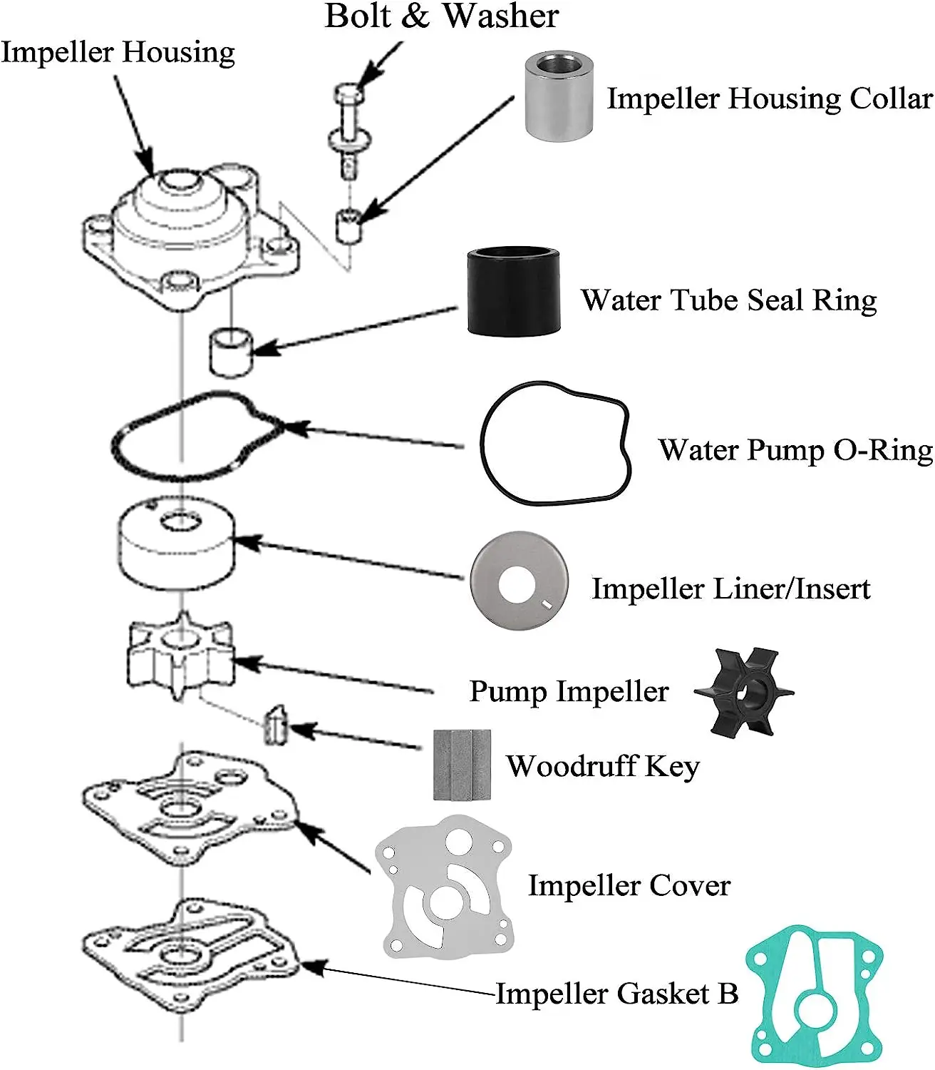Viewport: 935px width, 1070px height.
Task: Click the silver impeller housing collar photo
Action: click(x=559, y=96)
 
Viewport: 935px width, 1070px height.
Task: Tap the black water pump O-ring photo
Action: click(x=555, y=444)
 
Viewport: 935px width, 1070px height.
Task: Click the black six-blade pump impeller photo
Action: click(x=743, y=691)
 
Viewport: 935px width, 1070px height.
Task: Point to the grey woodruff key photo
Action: click(x=462, y=765)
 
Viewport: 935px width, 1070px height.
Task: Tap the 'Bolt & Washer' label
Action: click(x=441, y=16)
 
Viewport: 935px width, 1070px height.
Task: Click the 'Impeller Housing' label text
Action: click(x=118, y=53)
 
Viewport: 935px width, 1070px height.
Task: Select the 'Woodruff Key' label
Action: click(x=603, y=767)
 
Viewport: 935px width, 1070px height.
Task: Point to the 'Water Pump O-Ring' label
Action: click(x=795, y=451)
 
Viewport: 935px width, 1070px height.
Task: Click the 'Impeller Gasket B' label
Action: click(x=617, y=994)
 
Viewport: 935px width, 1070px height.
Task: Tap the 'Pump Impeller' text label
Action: click(x=569, y=691)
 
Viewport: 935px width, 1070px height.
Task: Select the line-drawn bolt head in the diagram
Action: click(x=348, y=93)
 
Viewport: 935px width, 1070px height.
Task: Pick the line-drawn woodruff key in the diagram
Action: click(x=275, y=725)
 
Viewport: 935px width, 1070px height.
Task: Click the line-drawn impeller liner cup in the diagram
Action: click(x=176, y=544)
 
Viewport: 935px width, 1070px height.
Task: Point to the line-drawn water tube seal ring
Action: click(x=230, y=351)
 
